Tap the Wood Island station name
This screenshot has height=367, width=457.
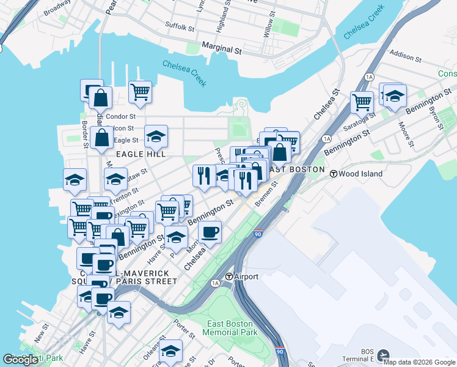click(x=360, y=174)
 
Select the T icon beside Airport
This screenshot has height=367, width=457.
click(x=229, y=276)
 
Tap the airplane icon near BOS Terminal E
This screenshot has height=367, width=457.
click(x=383, y=354)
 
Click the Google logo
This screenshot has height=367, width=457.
click(x=21, y=359)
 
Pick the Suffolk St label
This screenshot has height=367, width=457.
click(x=180, y=27)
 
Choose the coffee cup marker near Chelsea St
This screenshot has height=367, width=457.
click(x=210, y=232)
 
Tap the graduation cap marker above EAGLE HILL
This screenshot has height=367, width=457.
click(x=156, y=136)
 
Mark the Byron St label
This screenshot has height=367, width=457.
click(x=436, y=116)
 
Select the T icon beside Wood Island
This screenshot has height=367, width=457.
click(x=334, y=174)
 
